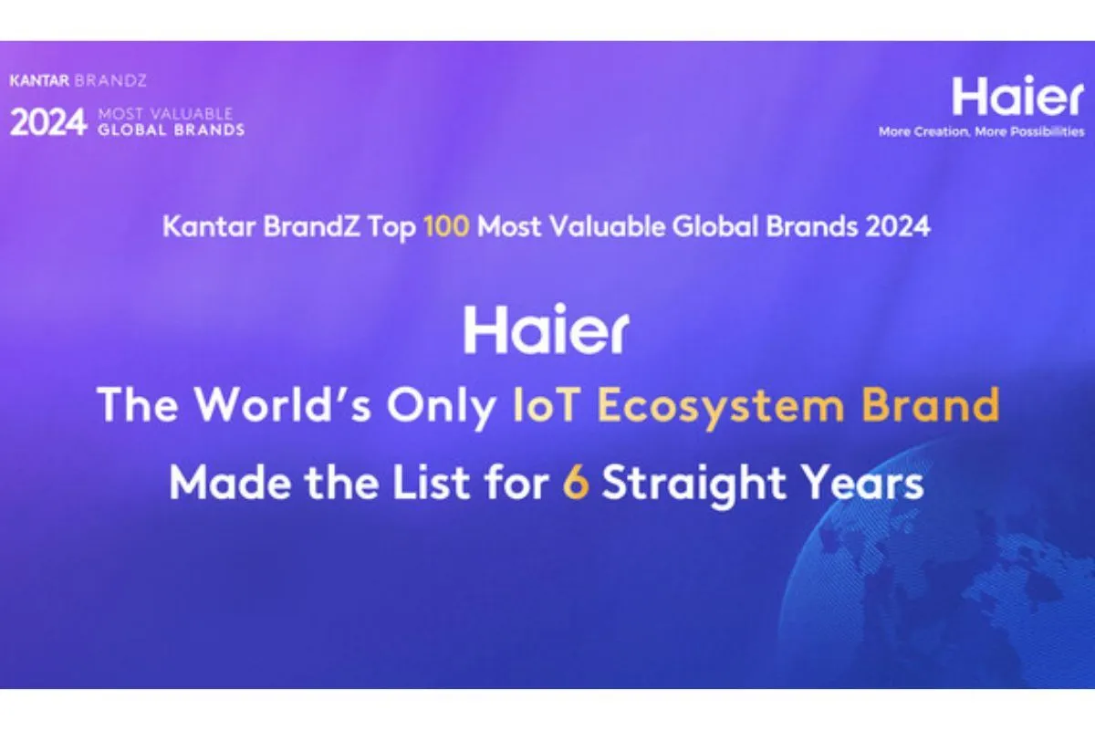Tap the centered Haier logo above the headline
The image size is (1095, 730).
(x=547, y=328)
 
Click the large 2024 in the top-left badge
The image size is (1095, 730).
(x=48, y=122)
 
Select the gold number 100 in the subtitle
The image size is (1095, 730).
(x=447, y=226)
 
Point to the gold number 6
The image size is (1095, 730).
(x=576, y=483)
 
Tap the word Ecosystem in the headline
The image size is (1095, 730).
(x=721, y=407)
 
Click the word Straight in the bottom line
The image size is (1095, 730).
(x=694, y=485)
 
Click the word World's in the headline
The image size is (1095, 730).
(x=283, y=404)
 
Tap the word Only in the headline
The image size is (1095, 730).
(x=442, y=408)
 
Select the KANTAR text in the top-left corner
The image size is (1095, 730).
(x=39, y=80)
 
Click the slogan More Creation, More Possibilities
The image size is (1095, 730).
(x=982, y=131)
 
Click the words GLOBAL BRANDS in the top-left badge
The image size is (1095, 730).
(x=172, y=130)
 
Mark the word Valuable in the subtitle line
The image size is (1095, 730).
(x=607, y=226)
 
